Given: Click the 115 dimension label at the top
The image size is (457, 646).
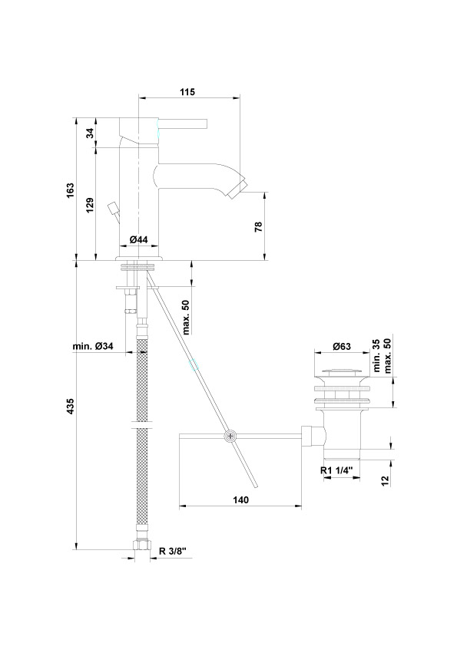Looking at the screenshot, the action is [x=187, y=92].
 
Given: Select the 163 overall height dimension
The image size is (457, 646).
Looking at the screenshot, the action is [x=70, y=191].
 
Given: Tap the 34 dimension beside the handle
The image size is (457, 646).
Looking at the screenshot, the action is [x=90, y=133].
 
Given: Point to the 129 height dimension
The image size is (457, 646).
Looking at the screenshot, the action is [x=90, y=205].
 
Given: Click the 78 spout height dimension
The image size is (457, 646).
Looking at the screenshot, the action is [x=258, y=226].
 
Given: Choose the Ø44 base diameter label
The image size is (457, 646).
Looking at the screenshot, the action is [x=138, y=239].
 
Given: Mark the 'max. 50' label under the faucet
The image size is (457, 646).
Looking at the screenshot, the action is [x=186, y=317].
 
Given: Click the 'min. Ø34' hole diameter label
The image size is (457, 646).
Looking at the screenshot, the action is [x=93, y=347].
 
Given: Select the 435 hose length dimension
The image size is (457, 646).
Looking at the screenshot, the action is [x=70, y=406].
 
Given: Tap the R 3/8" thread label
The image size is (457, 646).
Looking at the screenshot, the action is [x=173, y=551].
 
